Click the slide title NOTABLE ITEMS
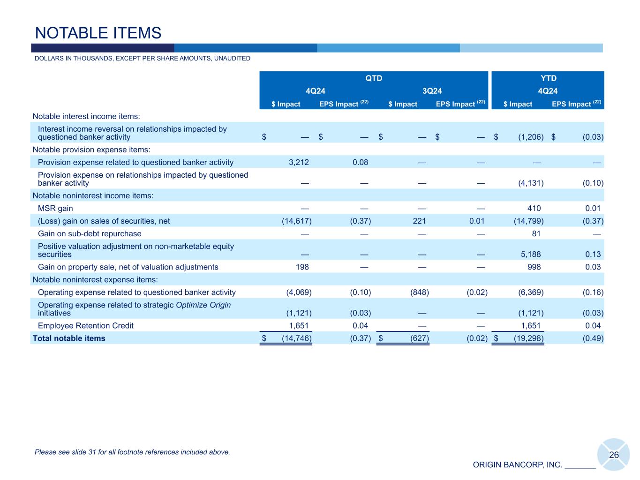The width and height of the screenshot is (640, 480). coord(98,33)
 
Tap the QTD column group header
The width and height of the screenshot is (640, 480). coord(374,78)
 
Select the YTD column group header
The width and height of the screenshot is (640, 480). coord(548,78)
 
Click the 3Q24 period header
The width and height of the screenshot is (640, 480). coord(432,91)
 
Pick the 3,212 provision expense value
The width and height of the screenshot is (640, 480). coord(298,162)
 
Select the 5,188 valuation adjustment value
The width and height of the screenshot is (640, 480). coord(531,254)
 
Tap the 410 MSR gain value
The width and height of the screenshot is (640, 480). coord(534,208)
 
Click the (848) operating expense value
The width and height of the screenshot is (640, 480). coord(419,292)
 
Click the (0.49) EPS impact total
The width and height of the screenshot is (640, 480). coord(593,338)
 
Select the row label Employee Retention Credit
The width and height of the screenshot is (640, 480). coord(86,325)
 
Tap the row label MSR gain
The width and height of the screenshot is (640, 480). coord(55,208)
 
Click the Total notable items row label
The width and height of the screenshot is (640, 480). coord(69,338)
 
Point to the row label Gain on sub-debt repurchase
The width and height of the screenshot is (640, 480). coord(90,233)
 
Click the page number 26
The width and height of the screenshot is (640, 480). coord(614,455)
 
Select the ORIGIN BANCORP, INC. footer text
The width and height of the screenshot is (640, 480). coord(517,465)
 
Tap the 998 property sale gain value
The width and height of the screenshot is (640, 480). coord(534,267)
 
